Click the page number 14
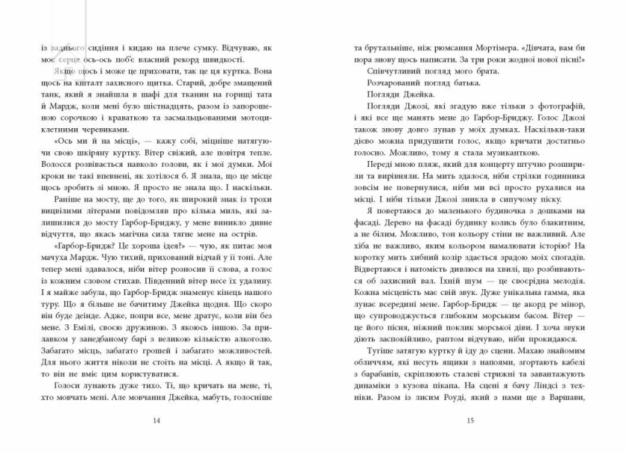[156, 420]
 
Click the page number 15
[469, 420]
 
